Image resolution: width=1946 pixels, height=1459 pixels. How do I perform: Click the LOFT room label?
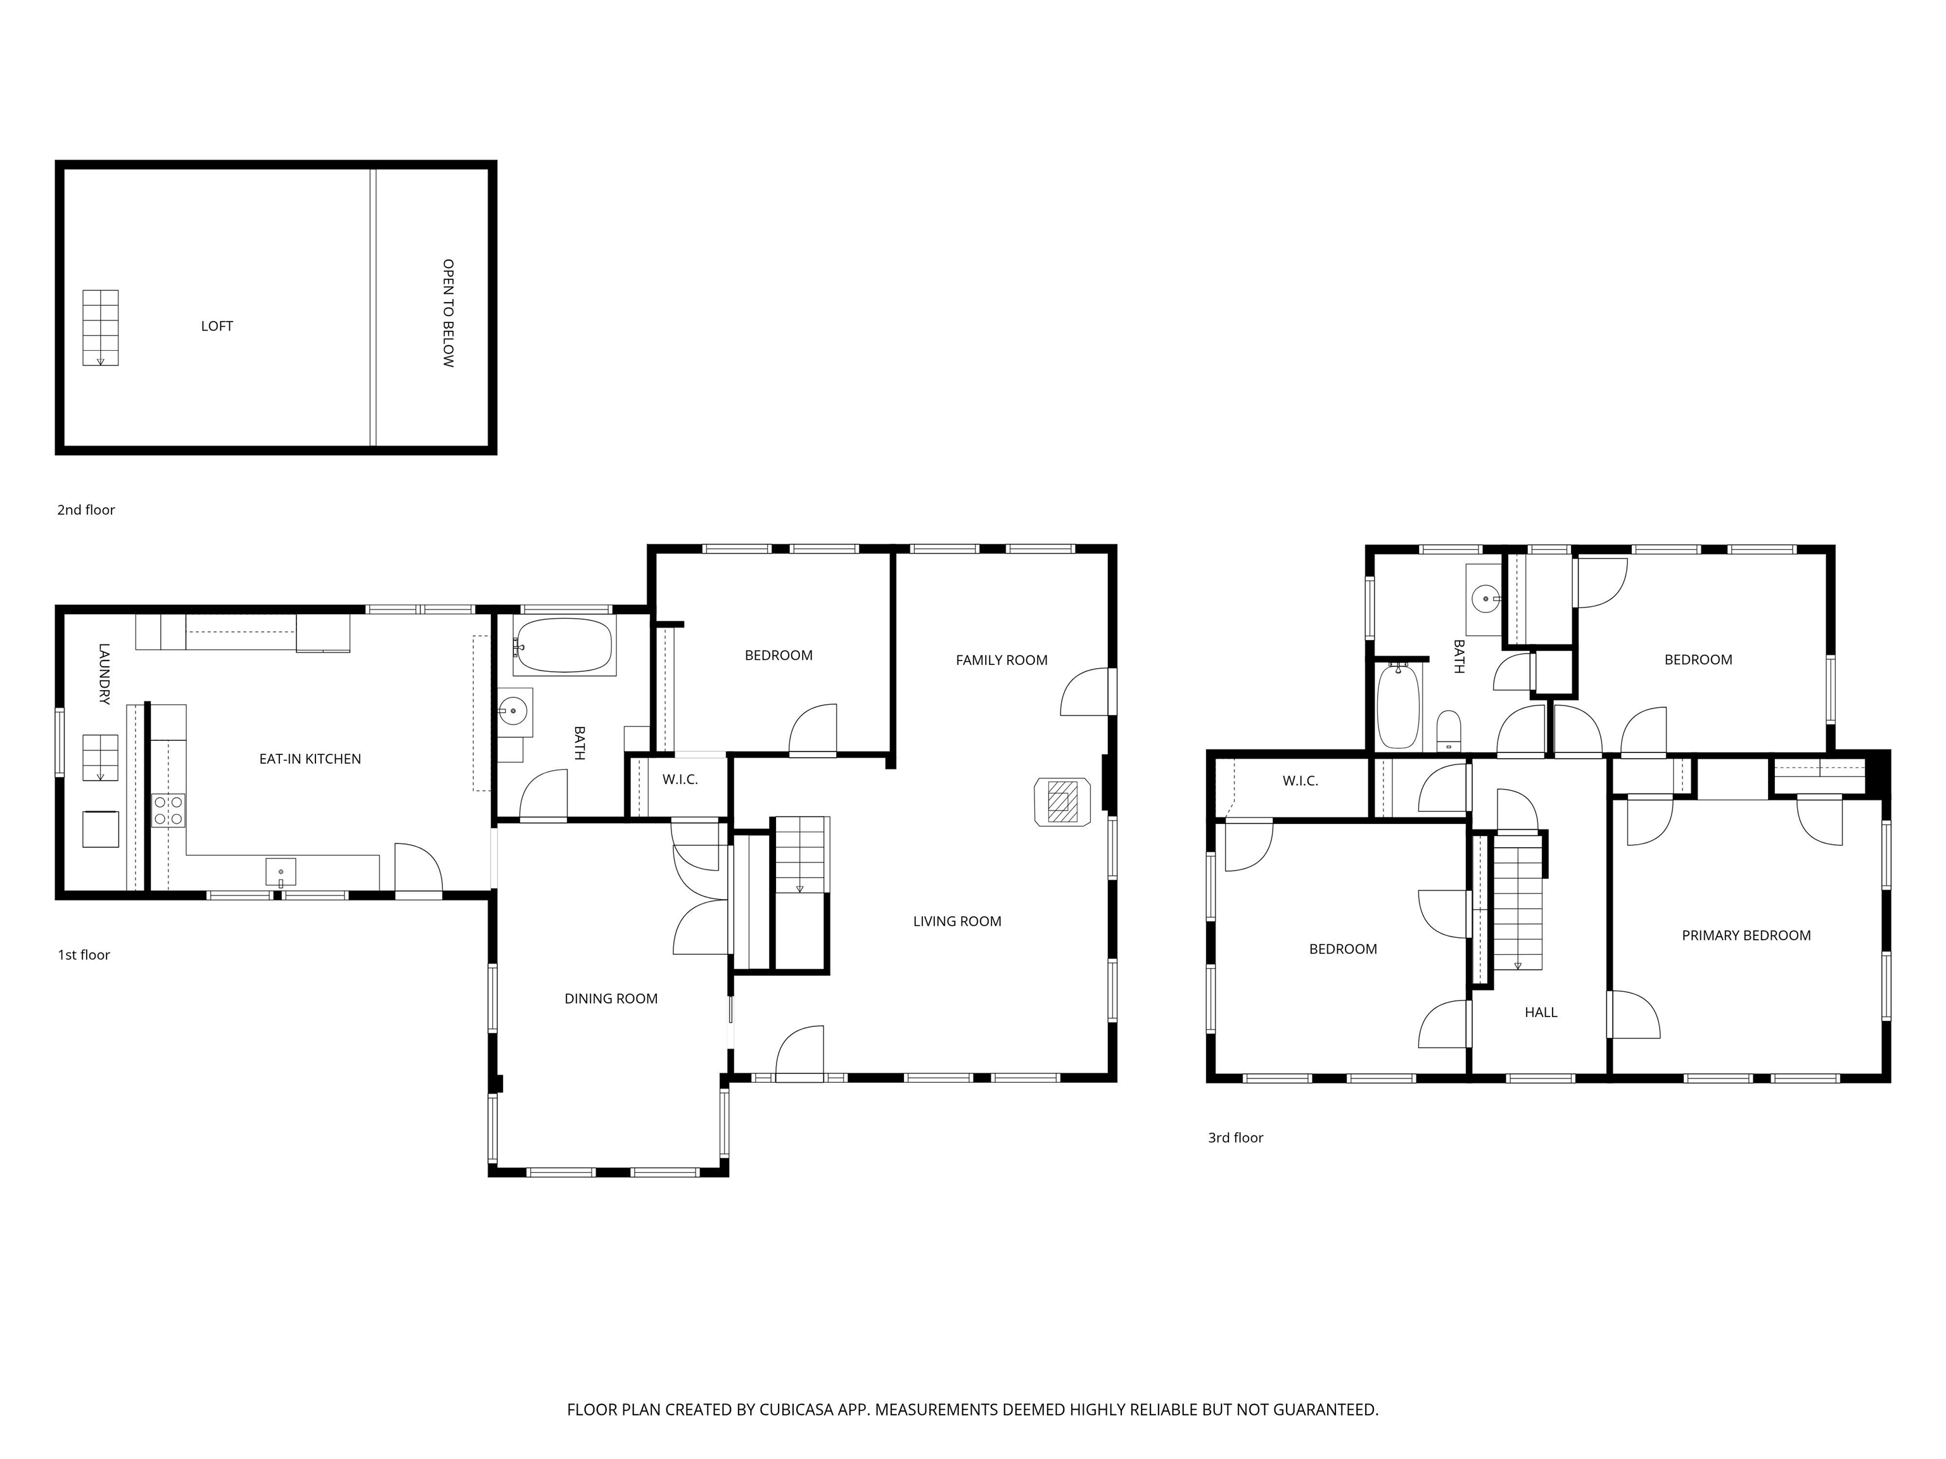coord(217,326)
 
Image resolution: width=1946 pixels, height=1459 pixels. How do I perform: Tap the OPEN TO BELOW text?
coord(448,312)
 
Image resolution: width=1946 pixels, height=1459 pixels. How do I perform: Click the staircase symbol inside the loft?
coord(100,327)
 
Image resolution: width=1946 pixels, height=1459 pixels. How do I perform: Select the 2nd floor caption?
coord(86,510)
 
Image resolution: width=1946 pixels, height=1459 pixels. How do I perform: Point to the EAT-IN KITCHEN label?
coord(310,759)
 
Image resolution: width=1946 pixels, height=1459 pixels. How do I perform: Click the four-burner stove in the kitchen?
coord(168,810)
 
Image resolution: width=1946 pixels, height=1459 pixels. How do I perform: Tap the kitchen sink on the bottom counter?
coord(281,871)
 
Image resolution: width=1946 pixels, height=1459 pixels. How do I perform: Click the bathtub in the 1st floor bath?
coord(564,645)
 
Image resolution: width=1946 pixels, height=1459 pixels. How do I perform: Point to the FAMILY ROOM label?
coord(1001,660)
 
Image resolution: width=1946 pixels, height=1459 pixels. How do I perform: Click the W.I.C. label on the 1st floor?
coord(680,780)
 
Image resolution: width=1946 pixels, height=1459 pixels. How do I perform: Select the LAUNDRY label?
coord(104,674)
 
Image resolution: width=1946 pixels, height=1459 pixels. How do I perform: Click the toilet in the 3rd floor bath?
coord(1448,731)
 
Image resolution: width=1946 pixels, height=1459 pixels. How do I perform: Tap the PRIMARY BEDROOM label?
coord(1745,936)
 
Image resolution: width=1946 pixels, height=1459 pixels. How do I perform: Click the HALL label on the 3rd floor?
coord(1541,1012)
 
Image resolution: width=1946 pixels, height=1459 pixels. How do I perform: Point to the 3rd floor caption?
coord(1235,1138)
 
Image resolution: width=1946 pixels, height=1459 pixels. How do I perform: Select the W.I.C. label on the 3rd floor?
coord(1299,781)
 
